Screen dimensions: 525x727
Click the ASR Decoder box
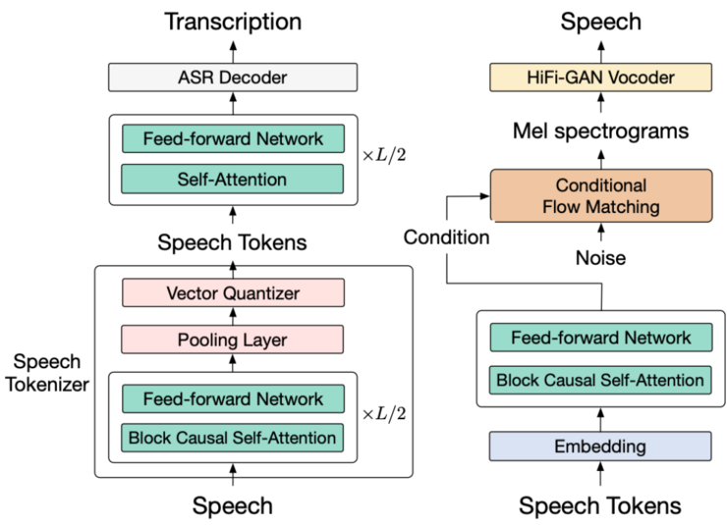[233, 78]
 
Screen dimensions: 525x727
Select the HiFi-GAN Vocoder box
[600, 78]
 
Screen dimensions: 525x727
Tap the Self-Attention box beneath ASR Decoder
[233, 179]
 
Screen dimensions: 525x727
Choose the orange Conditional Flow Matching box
[600, 195]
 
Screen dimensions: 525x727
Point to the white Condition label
[446, 236]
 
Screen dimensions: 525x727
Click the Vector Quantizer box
[233, 292]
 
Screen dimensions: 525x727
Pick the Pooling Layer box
[233, 340]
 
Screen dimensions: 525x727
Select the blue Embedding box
[600, 446]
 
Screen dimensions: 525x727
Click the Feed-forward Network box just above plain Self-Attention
[233, 138]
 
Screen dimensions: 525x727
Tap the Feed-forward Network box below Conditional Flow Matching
[600, 338]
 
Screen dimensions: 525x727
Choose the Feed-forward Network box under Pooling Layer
[233, 398]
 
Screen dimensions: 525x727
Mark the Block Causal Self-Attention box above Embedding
[600, 380]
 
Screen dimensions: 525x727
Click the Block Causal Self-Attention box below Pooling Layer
[233, 438]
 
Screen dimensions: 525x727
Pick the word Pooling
[206, 340]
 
